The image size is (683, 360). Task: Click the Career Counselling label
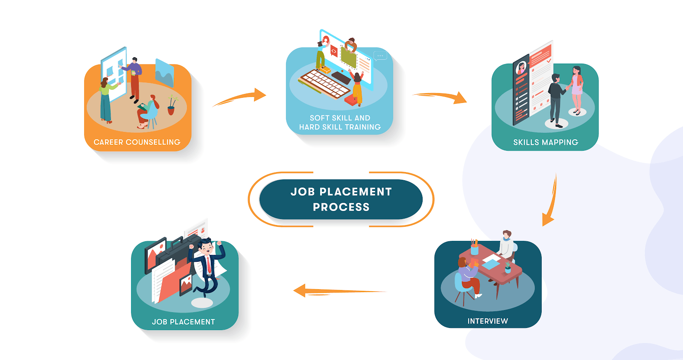click(x=137, y=142)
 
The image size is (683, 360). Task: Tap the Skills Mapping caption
click(x=546, y=142)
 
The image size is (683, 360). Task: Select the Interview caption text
click(x=487, y=321)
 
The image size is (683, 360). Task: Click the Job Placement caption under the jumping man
click(x=183, y=322)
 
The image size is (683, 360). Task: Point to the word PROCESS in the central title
click(x=341, y=207)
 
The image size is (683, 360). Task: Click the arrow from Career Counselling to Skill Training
click(x=241, y=97)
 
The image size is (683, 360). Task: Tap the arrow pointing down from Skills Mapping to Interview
click(x=550, y=201)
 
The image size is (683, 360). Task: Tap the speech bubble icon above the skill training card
click(x=379, y=56)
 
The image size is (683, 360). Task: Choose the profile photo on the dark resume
click(x=521, y=68)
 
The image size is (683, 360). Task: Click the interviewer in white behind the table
click(x=507, y=245)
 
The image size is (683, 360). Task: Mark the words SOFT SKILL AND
click(x=340, y=118)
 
